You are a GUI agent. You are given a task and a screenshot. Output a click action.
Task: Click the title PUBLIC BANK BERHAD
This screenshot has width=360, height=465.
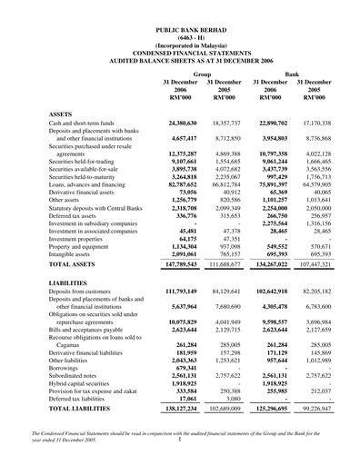point(181,30)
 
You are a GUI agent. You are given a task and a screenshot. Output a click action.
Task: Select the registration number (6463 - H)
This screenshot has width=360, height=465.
point(181,37)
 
